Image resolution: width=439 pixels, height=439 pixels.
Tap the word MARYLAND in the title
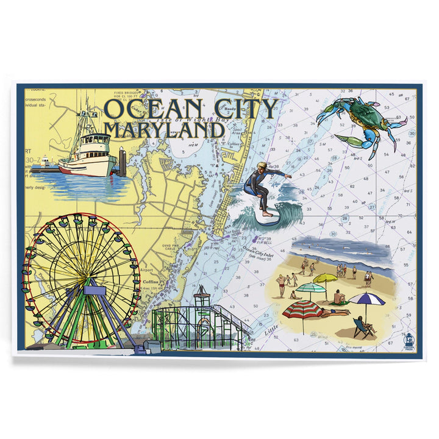(163, 129)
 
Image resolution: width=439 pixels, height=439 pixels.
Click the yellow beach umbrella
(326, 278)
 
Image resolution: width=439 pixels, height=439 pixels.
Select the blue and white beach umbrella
(366, 298)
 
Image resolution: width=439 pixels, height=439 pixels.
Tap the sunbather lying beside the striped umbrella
(334, 312)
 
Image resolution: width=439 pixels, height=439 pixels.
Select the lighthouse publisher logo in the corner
(408, 341)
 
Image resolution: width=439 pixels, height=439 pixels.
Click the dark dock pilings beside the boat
(123, 162)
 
